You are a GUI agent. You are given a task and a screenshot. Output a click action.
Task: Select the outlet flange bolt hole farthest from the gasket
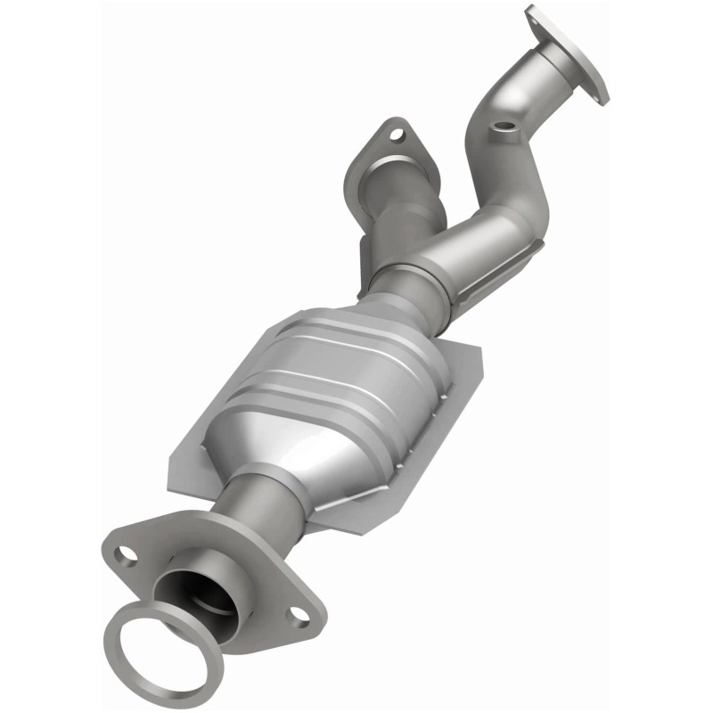[x=295, y=614]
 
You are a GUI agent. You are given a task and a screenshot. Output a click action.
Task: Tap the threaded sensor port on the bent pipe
[x=506, y=131]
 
